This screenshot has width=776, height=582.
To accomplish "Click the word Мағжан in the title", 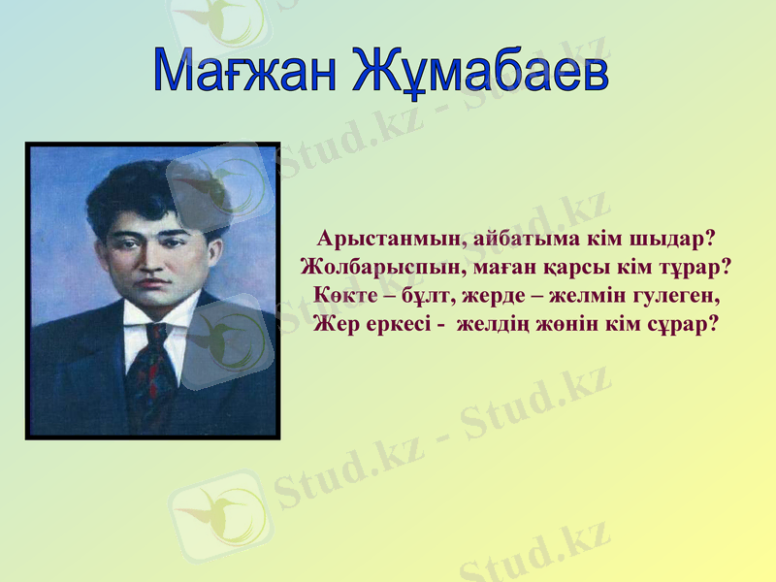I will [x=246, y=70].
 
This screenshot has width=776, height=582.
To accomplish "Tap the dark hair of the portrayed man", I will [x=145, y=189].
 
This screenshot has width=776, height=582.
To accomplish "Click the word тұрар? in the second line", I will [x=693, y=266].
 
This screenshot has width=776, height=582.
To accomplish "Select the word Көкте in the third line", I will [x=342, y=293].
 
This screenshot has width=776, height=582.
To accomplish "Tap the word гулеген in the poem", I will [x=683, y=293].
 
